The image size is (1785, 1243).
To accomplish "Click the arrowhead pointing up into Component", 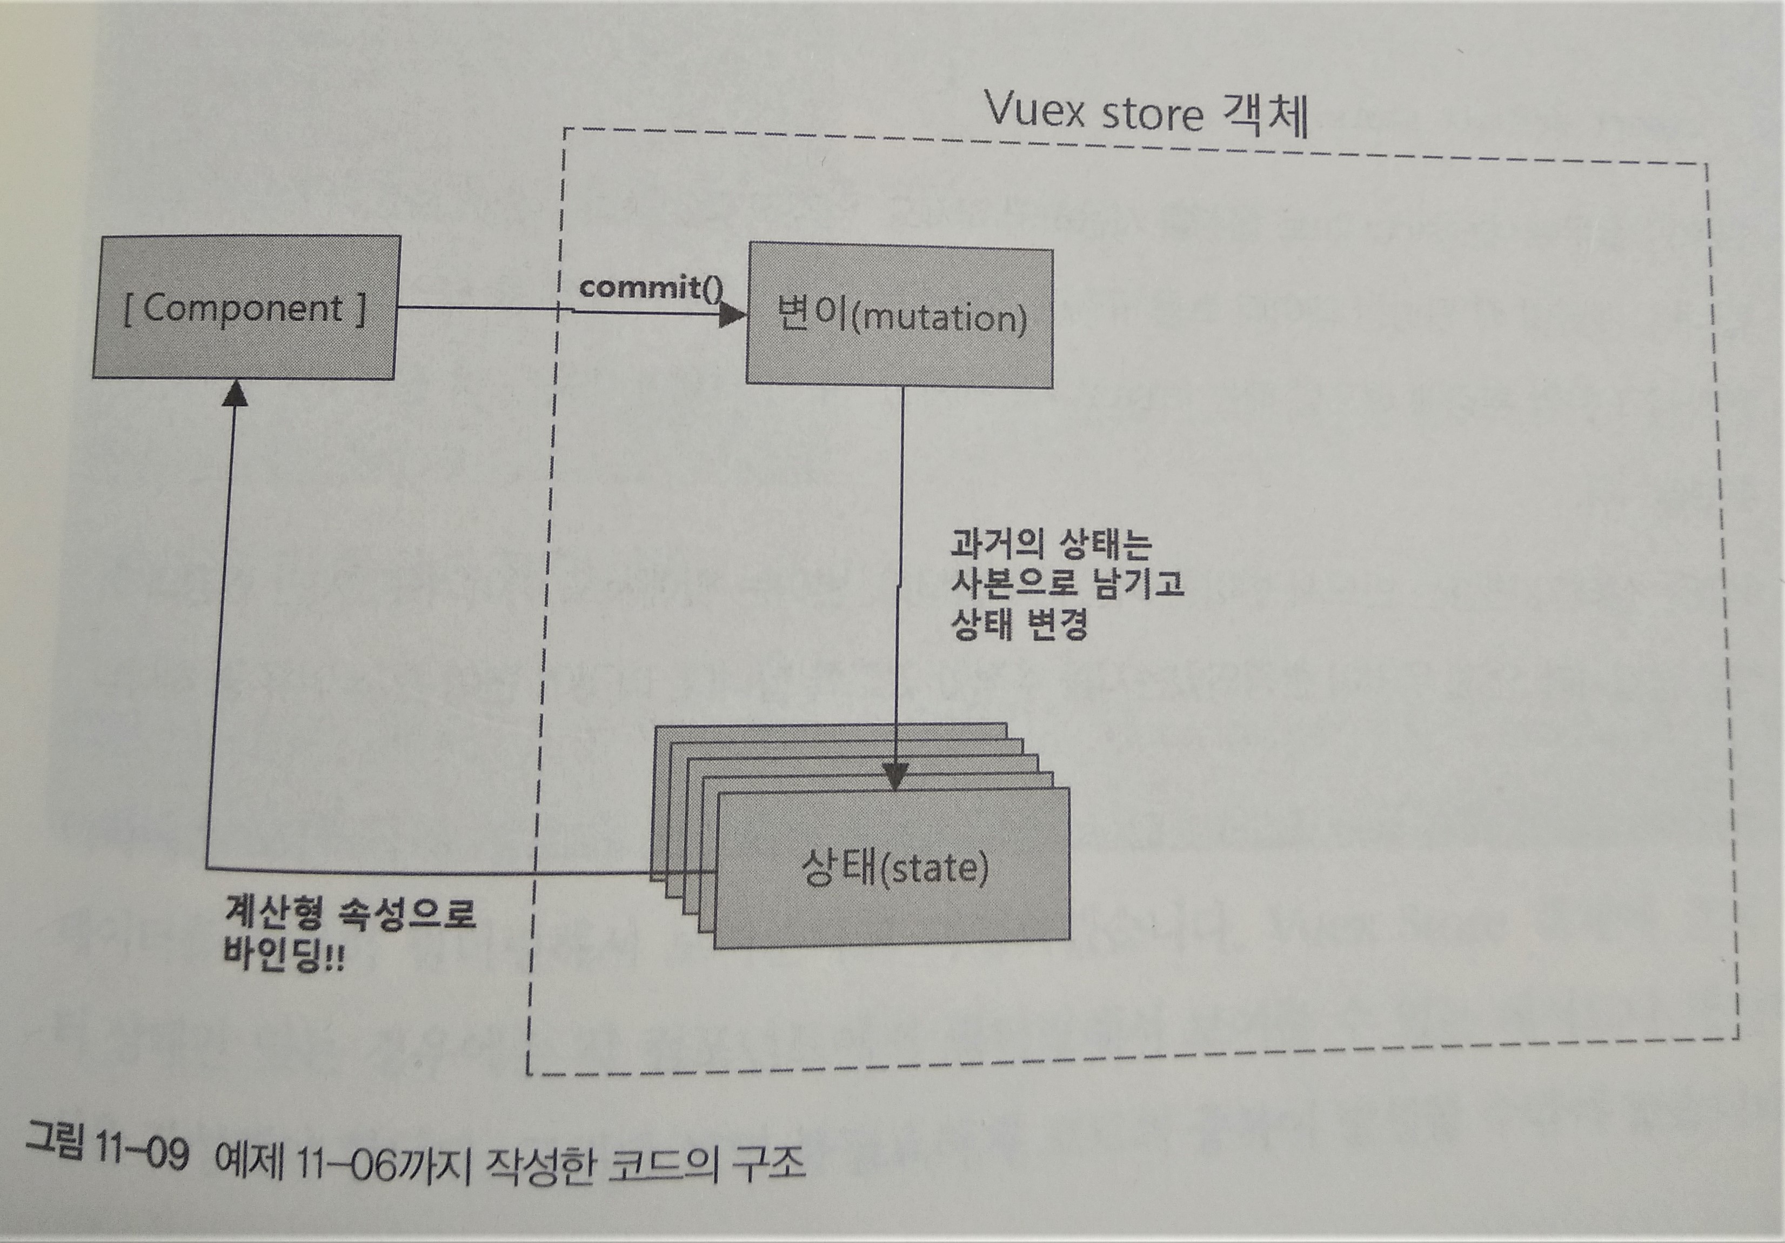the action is pyautogui.click(x=235, y=394).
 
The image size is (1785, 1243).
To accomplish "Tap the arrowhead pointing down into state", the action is pyautogui.click(x=895, y=776).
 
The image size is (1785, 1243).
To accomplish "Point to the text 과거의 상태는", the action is pyautogui.click(x=1049, y=544).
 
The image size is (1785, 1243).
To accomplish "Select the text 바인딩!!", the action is pyautogui.click(x=284, y=954).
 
